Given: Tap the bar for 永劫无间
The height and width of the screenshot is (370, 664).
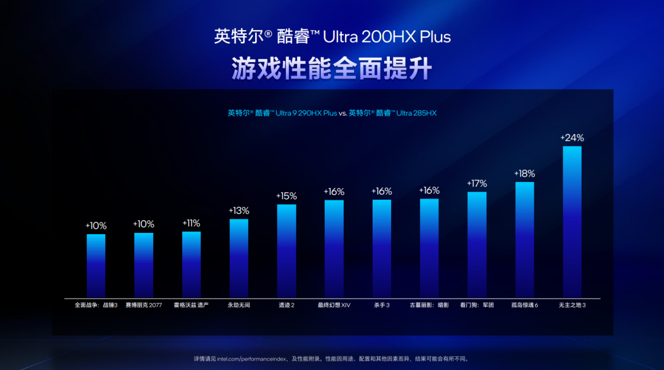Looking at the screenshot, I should pos(239,259).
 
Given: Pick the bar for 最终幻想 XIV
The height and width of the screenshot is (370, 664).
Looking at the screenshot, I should pos(334,250).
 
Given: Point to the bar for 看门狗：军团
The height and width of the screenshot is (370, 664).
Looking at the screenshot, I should pos(476,245).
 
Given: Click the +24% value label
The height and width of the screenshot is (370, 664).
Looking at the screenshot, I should pos(572,138).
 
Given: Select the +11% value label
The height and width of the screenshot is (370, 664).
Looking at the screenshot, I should pos(191,223).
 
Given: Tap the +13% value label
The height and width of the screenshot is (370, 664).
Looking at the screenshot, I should pos(239,211).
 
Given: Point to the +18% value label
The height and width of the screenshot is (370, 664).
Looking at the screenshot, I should pos(524,174).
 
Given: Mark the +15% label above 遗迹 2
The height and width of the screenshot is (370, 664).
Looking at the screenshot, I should pos(287,196).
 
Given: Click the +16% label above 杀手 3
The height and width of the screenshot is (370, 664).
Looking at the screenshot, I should pos(381,192).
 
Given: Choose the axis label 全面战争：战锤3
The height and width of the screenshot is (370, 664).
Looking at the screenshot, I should pos(96,305).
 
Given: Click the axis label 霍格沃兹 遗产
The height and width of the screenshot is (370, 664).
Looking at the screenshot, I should pos(191,305).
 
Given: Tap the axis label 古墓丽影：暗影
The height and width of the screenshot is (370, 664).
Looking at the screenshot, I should pos(429,305).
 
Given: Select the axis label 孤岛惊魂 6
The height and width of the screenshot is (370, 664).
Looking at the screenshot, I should pos(524,305).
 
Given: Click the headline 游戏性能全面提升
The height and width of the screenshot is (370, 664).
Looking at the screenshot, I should pos(332,68).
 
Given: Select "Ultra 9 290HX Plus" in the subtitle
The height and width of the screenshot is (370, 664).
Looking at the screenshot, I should pos(306,113).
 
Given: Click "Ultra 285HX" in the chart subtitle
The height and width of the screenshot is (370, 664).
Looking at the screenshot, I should pos(416,113).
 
